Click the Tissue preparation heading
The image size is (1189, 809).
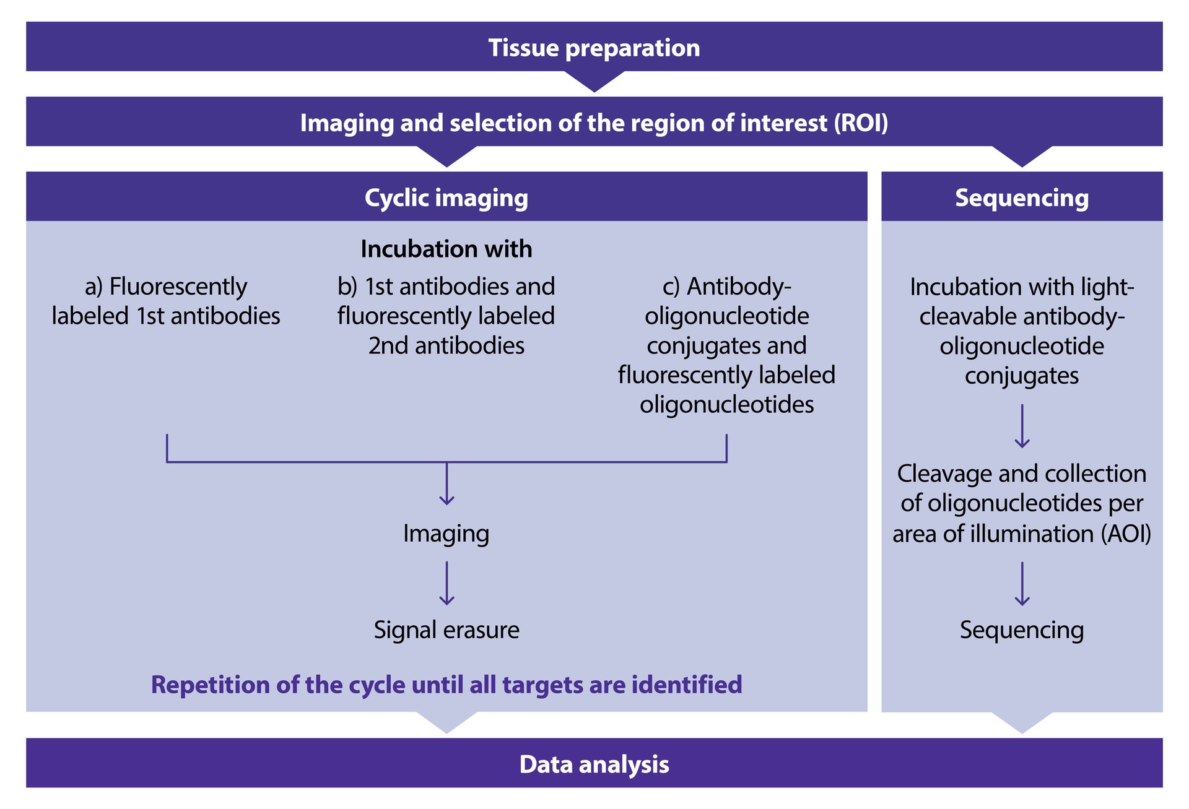pos(594,48)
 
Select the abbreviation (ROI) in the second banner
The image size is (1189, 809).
pos(861,123)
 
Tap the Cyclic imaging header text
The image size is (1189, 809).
pos(446,197)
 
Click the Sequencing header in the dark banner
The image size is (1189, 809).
pos(1021,197)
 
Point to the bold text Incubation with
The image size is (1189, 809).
pos(446,249)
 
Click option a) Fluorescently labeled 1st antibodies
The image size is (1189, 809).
pos(166,301)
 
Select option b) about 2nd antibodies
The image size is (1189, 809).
pos(446,316)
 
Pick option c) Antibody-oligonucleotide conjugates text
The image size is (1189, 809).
pos(726,345)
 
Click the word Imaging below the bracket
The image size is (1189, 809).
pos(446,534)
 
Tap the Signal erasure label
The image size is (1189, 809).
pos(446,630)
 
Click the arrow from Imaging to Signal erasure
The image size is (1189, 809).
pos(446,583)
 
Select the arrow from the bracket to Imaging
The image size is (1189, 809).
pos(446,484)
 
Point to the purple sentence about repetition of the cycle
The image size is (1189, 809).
pos(446,685)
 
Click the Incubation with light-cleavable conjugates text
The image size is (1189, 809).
pos(1021,331)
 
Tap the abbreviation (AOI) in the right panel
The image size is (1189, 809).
pos(1126,534)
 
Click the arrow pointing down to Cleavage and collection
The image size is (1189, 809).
pos(1022,426)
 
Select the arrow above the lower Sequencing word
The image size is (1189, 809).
pos(1022,584)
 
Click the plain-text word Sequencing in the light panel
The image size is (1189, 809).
pos(1021,630)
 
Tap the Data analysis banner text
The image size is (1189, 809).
pos(594,764)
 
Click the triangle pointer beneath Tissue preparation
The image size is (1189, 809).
pos(594,81)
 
